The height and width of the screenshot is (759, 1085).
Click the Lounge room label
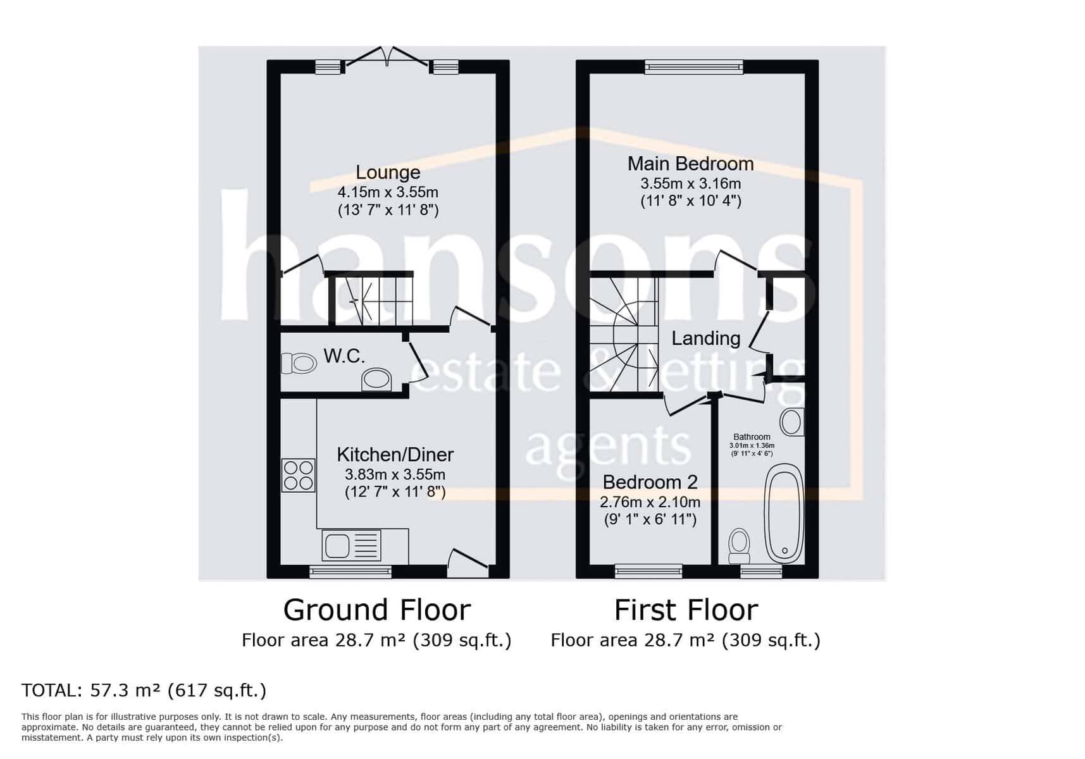click(x=388, y=172)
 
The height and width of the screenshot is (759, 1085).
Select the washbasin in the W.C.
click(x=376, y=379)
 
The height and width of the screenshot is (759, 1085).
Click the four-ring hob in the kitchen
click(x=298, y=475)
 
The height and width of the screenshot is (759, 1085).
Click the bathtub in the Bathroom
click(x=784, y=513)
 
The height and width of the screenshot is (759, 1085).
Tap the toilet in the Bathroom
click(x=739, y=546)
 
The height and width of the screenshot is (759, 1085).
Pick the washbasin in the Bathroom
click(x=791, y=422)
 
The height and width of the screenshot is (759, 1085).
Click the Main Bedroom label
click(x=690, y=164)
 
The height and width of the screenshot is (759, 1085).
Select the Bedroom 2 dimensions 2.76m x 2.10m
click(x=650, y=503)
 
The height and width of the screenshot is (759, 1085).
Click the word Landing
click(x=705, y=338)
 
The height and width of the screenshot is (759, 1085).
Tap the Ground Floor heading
click(x=376, y=610)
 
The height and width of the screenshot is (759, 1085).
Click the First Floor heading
click(x=686, y=610)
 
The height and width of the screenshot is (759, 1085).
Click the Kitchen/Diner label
click(x=395, y=454)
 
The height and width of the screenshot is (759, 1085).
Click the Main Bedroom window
click(x=693, y=66)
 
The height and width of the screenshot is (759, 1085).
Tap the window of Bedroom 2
click(x=648, y=572)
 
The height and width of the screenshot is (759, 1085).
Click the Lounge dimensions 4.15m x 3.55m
click(x=388, y=192)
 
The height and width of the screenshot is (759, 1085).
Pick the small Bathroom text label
click(x=752, y=436)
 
